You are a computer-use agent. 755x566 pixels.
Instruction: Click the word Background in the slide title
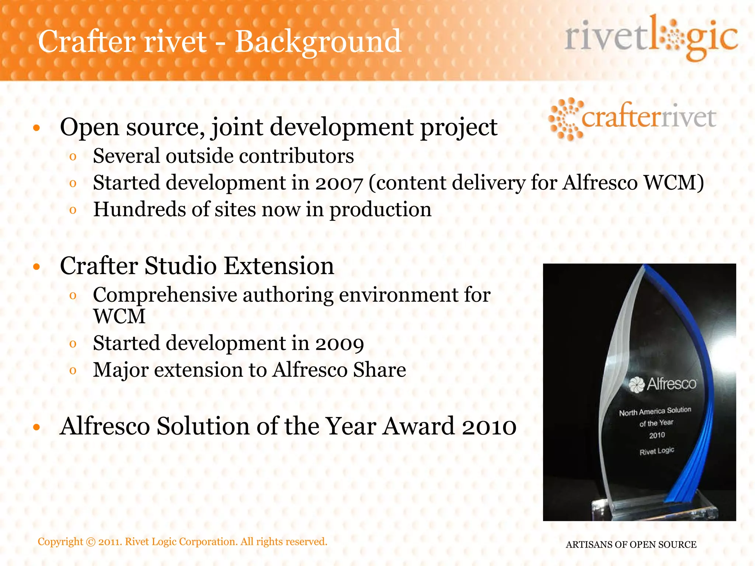click(318, 41)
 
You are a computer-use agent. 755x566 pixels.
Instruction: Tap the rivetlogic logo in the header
click(651, 38)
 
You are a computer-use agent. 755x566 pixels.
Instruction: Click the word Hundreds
click(139, 209)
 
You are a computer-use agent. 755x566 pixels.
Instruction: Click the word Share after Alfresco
click(379, 370)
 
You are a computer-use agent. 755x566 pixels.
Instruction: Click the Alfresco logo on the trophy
click(662, 384)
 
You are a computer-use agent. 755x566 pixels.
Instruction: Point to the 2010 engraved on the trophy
click(657, 436)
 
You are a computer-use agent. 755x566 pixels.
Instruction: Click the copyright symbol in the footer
click(90, 542)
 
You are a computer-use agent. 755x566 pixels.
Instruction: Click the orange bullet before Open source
click(36, 128)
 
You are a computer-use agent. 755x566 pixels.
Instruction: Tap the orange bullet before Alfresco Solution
click(36, 427)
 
